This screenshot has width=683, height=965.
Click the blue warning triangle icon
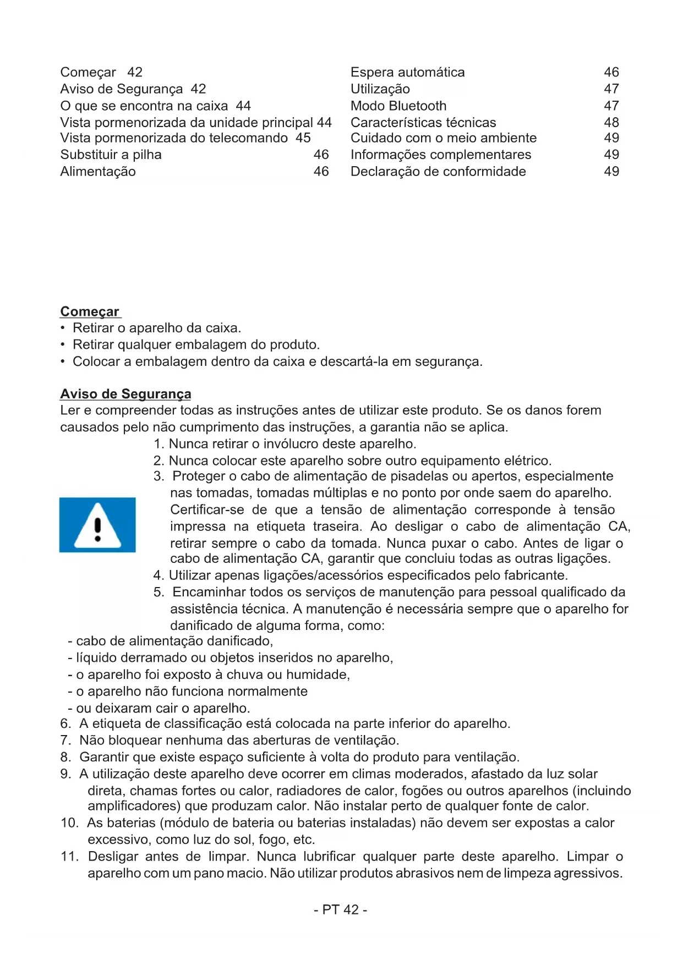tap(97, 524)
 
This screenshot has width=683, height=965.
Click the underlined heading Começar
tap(90, 311)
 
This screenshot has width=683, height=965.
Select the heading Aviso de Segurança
tap(125, 394)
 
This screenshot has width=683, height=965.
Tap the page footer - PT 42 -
tap(341, 909)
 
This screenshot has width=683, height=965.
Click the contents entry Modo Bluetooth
tap(398, 106)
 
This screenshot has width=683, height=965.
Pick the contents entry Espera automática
tap(407, 72)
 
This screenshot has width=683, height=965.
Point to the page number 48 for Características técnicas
tap(611, 122)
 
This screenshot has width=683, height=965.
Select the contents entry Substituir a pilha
tap(111, 155)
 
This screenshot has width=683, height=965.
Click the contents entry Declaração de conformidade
tap(438, 172)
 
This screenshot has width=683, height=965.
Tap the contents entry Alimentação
tap(98, 172)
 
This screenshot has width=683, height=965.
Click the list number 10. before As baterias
tap(70, 823)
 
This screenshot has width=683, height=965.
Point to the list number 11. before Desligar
tap(70, 857)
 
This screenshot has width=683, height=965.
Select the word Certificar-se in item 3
tap(207, 510)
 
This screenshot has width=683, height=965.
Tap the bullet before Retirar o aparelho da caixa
tap(63, 328)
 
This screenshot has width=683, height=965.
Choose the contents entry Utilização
tap(380, 89)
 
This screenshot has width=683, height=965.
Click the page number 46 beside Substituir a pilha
tap(321, 155)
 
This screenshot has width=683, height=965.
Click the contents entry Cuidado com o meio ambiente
tap(443, 138)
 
